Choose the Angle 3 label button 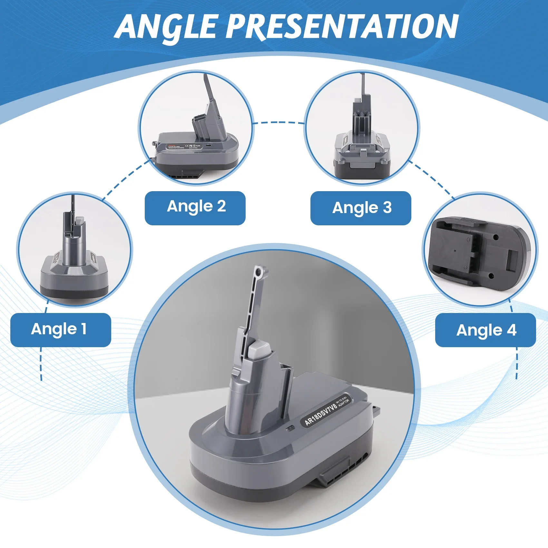tap(361, 208)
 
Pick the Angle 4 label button tap(485, 330)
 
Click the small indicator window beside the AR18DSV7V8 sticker tap(290, 428)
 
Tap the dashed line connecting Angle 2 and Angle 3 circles tap(279, 123)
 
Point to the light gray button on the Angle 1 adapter tap(80, 221)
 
